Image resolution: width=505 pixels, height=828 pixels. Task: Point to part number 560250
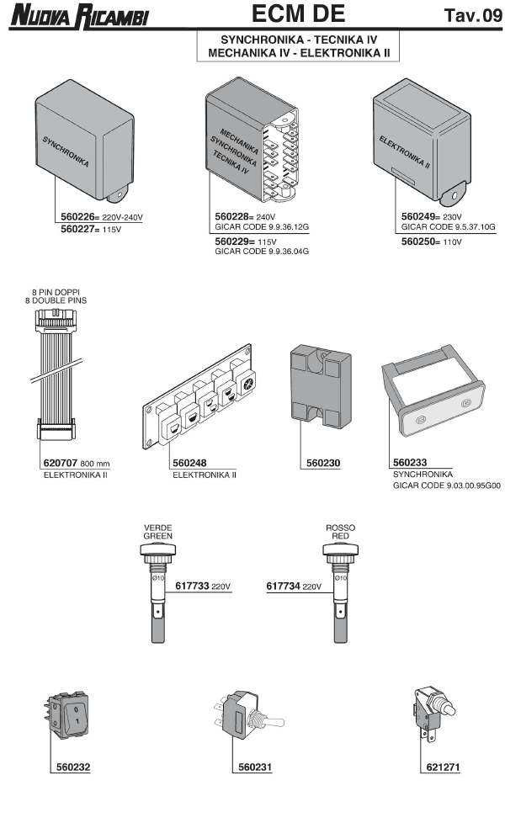click(x=422, y=241)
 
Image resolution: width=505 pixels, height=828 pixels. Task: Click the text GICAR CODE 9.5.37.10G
click(x=448, y=227)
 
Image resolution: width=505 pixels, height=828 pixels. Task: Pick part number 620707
click(x=61, y=464)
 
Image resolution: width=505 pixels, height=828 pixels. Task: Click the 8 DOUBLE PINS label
click(x=56, y=300)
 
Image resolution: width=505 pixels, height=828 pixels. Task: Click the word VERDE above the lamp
click(x=157, y=527)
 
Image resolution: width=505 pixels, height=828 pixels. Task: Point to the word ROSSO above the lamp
click(x=340, y=527)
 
